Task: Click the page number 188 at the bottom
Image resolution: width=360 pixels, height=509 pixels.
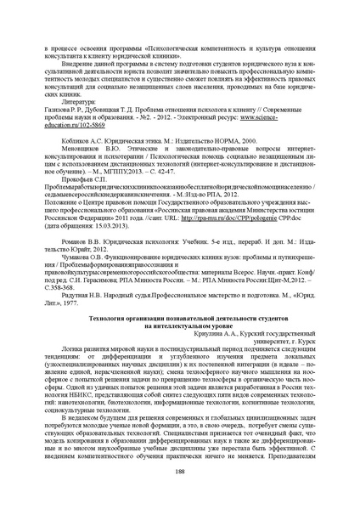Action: (180, 471)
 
